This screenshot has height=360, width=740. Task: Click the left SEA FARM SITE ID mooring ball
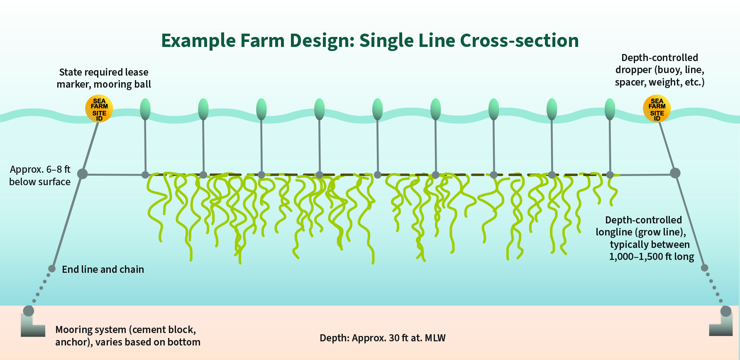(99, 109)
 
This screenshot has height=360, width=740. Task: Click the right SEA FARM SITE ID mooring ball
(657, 109)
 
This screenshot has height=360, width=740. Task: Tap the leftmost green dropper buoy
(145, 109)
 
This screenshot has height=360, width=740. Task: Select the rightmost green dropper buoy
(610, 109)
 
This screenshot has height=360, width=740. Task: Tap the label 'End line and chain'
(103, 269)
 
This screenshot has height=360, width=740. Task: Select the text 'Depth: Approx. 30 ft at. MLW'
(383, 338)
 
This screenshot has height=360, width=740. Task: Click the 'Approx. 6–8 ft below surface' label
(40, 176)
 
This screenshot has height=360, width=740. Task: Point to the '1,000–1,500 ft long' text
(652, 257)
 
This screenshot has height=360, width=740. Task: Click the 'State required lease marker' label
(104, 78)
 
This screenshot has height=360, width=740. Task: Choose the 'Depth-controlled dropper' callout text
(660, 70)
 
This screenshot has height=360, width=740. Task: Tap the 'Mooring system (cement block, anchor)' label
(128, 336)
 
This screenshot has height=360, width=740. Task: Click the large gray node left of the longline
(83, 174)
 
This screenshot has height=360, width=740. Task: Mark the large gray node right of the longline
(675, 173)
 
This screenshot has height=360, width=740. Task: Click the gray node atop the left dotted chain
(52, 269)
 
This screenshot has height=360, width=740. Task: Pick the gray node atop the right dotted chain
(704, 268)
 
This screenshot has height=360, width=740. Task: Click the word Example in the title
(198, 41)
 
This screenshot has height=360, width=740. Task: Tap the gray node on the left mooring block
(29, 311)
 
